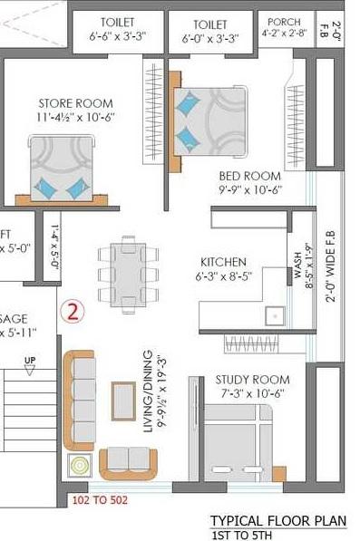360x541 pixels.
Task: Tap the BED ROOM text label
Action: [251, 175]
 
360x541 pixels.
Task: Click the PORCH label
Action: [278, 23]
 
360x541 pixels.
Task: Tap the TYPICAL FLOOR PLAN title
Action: [278, 520]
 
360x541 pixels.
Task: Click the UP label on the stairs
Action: [30, 362]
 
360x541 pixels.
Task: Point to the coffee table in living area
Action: [123, 397]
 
